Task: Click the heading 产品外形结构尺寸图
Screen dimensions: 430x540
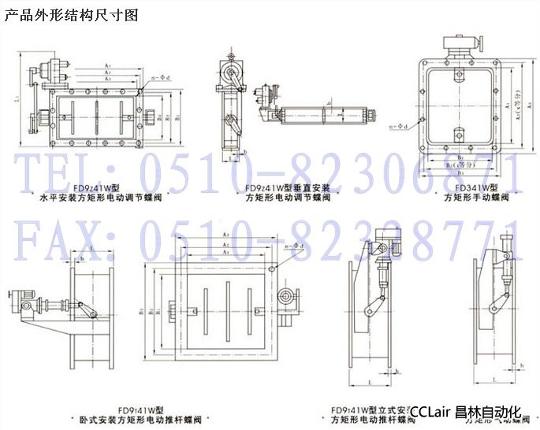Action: point(72,14)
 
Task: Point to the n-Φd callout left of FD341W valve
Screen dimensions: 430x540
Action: point(401,126)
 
